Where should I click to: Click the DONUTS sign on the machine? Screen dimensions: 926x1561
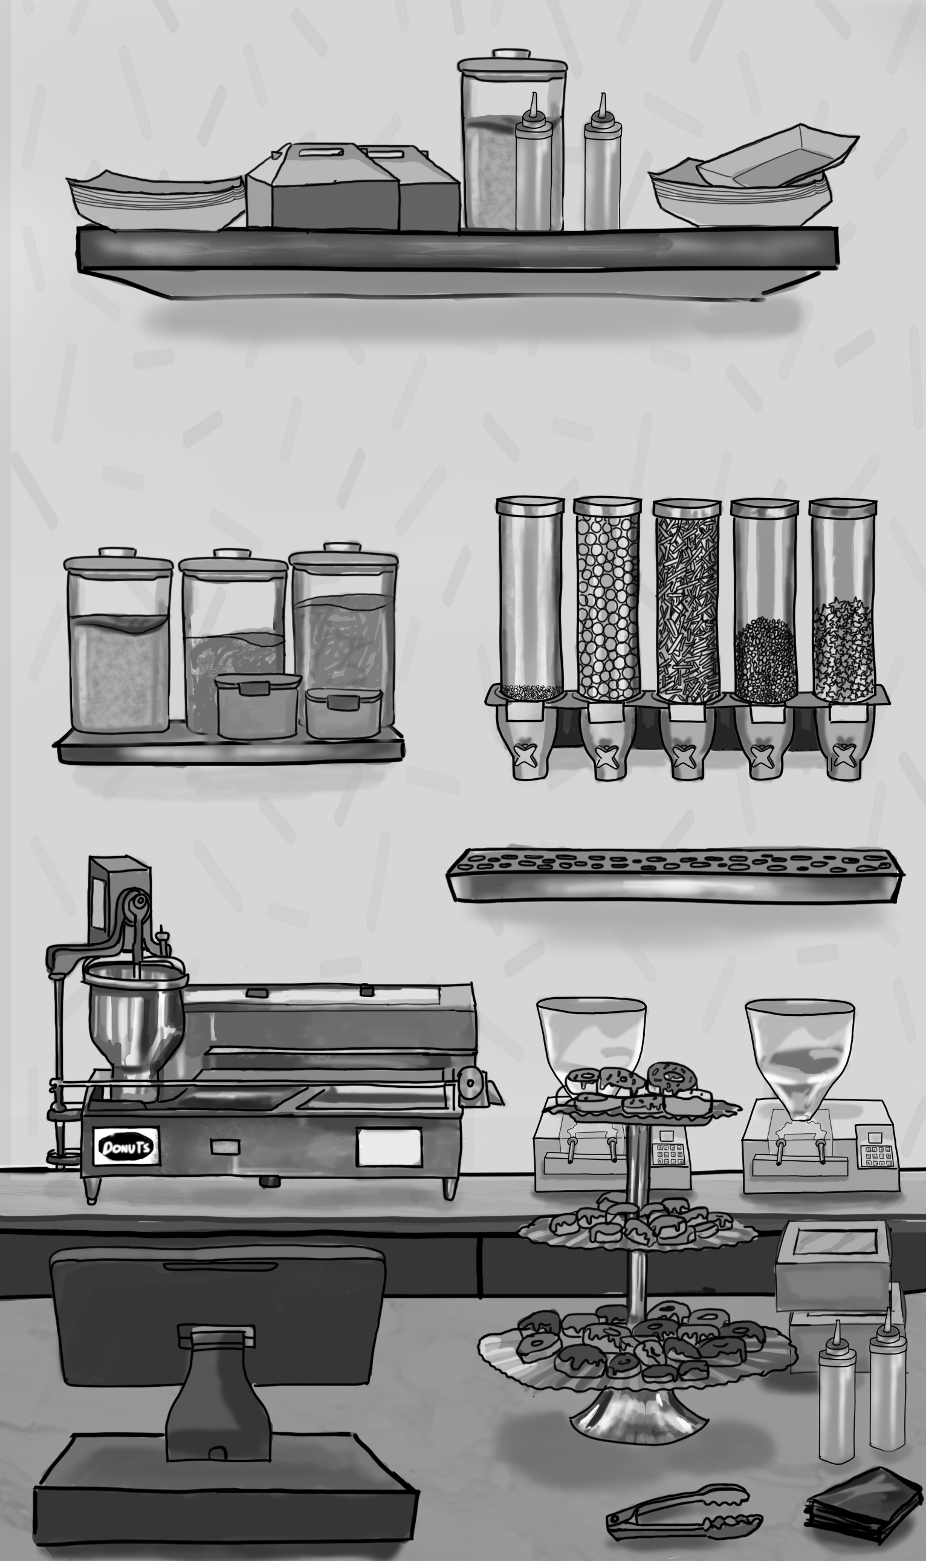[126, 1147]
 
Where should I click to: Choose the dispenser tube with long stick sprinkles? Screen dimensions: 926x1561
[687, 600]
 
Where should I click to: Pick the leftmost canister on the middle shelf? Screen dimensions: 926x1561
[118, 640]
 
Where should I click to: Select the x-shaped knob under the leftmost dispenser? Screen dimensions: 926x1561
[527, 755]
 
